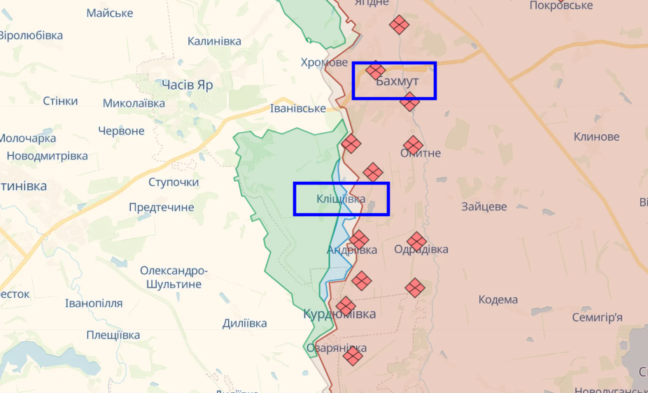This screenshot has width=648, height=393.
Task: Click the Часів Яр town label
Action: [187, 85]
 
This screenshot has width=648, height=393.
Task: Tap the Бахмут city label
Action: [397, 82]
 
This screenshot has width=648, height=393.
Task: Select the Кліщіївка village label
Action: [340, 199]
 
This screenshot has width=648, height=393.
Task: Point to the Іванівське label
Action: [298, 108]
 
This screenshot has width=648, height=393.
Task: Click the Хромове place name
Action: [324, 62]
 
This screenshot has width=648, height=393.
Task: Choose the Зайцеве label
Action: [484, 207]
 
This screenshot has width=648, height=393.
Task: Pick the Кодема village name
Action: [498, 299]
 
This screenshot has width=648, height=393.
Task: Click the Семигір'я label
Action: [597, 317]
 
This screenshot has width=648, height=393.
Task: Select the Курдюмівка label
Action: [339, 314]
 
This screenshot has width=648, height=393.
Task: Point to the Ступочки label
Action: [174, 183]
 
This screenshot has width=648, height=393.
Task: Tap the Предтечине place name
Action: [161, 207]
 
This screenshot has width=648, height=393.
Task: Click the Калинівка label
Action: [214, 41]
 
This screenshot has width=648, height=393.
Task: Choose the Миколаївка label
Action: [134, 103]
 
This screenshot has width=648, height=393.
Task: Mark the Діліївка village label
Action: [244, 323]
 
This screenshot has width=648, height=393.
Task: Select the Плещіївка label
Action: [113, 335]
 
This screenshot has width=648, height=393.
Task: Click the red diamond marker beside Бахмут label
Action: [376, 70]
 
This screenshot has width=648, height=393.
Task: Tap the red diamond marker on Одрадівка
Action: [416, 242]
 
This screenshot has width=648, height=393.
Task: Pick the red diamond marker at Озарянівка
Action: [353, 356]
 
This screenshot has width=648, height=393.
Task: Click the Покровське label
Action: [561, 6]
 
